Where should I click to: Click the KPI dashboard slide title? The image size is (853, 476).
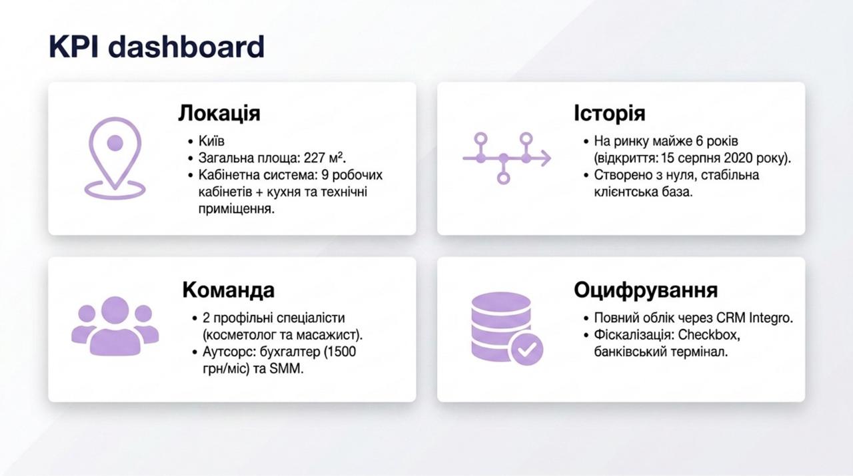pyautogui.click(x=157, y=47)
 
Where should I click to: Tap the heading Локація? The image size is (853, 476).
pyautogui.click(x=219, y=113)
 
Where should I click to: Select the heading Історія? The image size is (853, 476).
pyautogui.click(x=610, y=113)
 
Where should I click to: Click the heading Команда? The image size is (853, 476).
pyautogui.click(x=229, y=290)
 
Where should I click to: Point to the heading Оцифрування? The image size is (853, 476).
pyautogui.click(x=646, y=290)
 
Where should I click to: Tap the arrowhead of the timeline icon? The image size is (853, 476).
pyautogui.click(x=546, y=158)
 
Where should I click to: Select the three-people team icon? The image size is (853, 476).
pyautogui.click(x=115, y=326)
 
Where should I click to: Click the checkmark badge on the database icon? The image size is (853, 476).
pyautogui.click(x=527, y=349)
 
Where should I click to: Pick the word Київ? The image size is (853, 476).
pyautogui.click(x=211, y=141)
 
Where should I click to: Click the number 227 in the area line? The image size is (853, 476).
pyautogui.click(x=314, y=158)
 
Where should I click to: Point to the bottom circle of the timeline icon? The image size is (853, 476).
pyautogui.click(x=503, y=178)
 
